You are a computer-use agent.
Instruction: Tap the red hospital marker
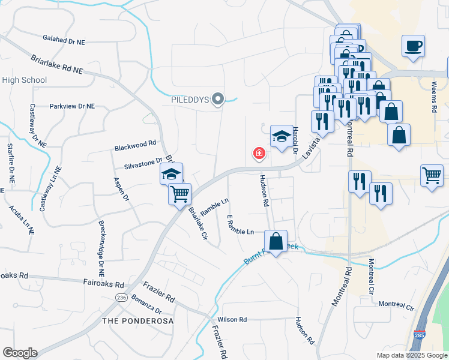click(259, 154)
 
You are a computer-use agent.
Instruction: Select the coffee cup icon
click(414, 46)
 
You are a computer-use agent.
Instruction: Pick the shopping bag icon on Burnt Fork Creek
click(276, 242)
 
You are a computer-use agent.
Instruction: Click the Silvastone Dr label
click(143, 161)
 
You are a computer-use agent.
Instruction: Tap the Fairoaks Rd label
click(103, 285)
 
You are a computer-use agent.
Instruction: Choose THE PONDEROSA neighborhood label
click(137, 321)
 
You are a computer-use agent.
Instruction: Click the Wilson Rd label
click(232, 320)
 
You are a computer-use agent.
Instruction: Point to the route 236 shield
click(122, 298)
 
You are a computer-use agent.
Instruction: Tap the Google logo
click(20, 353)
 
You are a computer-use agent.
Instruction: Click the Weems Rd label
click(434, 97)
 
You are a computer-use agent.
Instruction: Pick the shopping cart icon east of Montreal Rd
click(432, 176)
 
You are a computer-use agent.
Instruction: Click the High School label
click(25, 80)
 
